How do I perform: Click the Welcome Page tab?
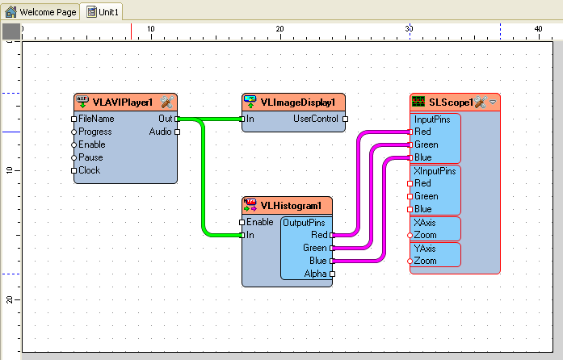point(38,13)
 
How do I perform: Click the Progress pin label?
point(95,132)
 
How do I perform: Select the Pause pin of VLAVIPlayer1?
point(90,157)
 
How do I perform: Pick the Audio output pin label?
point(161,132)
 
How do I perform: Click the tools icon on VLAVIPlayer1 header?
point(167,102)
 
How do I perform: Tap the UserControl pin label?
point(315,119)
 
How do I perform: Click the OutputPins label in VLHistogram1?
point(305,222)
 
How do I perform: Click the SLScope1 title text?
point(450,103)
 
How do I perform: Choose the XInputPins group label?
point(435,171)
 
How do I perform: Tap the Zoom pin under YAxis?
point(425,261)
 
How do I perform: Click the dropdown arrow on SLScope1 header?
point(493,102)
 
